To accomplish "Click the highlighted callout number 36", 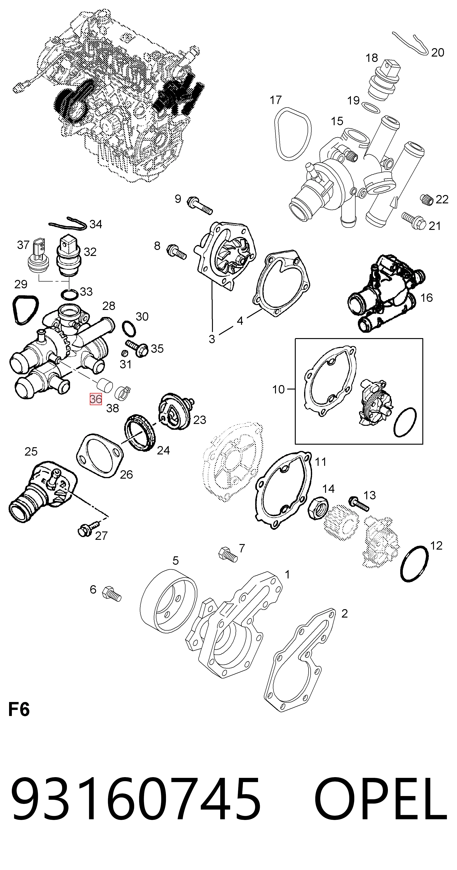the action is [x=96, y=399].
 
